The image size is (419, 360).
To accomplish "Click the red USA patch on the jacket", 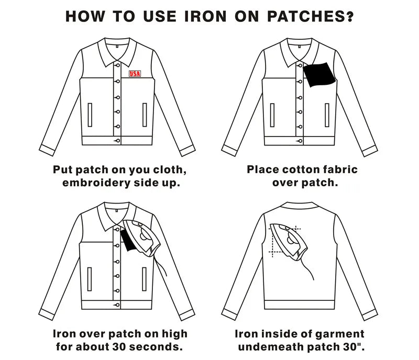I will [x=135, y=73].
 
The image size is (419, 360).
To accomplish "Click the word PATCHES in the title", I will [x=297, y=16].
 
